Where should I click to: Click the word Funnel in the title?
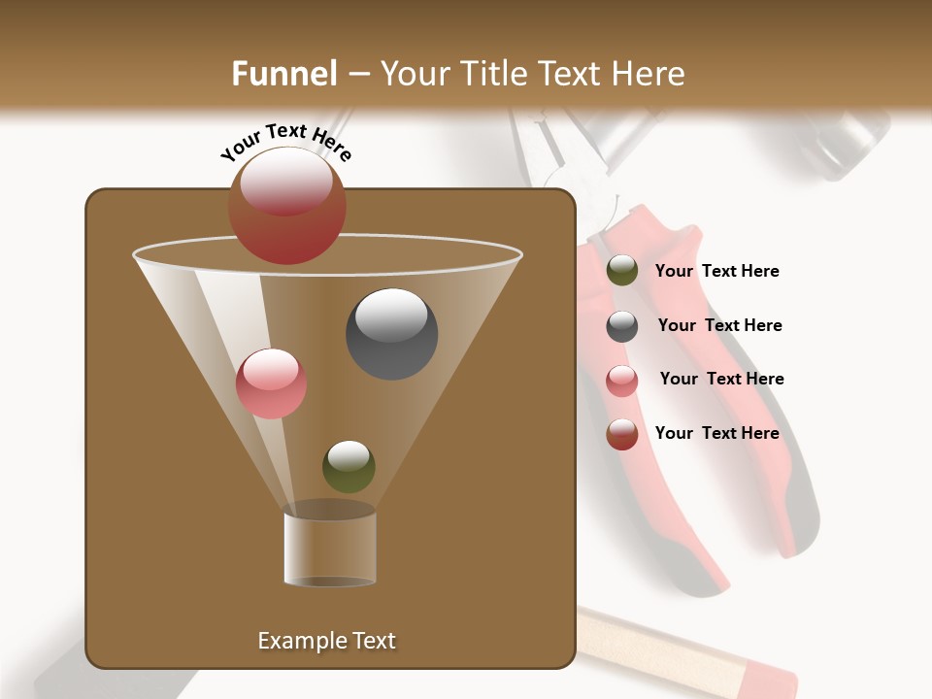tap(283, 74)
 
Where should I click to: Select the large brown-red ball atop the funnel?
tap(287, 206)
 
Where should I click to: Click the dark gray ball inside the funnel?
tap(392, 334)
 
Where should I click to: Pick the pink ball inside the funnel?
tap(272, 383)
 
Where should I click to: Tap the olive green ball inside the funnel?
tap(349, 466)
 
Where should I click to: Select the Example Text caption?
tap(327, 641)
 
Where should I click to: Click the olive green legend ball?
tap(622, 271)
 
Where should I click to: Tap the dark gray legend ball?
tap(622, 326)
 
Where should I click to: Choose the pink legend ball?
tap(622, 381)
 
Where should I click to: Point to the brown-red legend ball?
tap(622, 434)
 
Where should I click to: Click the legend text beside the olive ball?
tap(716, 272)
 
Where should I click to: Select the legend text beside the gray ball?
tap(719, 326)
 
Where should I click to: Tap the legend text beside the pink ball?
tap(721, 380)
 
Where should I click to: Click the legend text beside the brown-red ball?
tap(716, 434)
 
